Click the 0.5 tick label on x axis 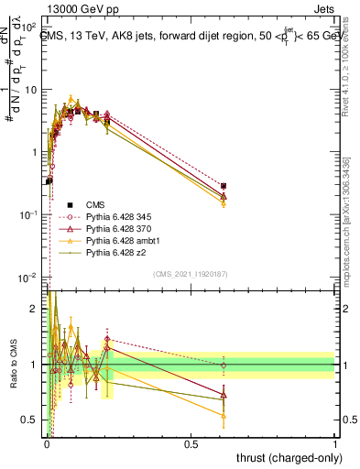(191, 444)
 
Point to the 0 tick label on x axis (47, 444)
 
